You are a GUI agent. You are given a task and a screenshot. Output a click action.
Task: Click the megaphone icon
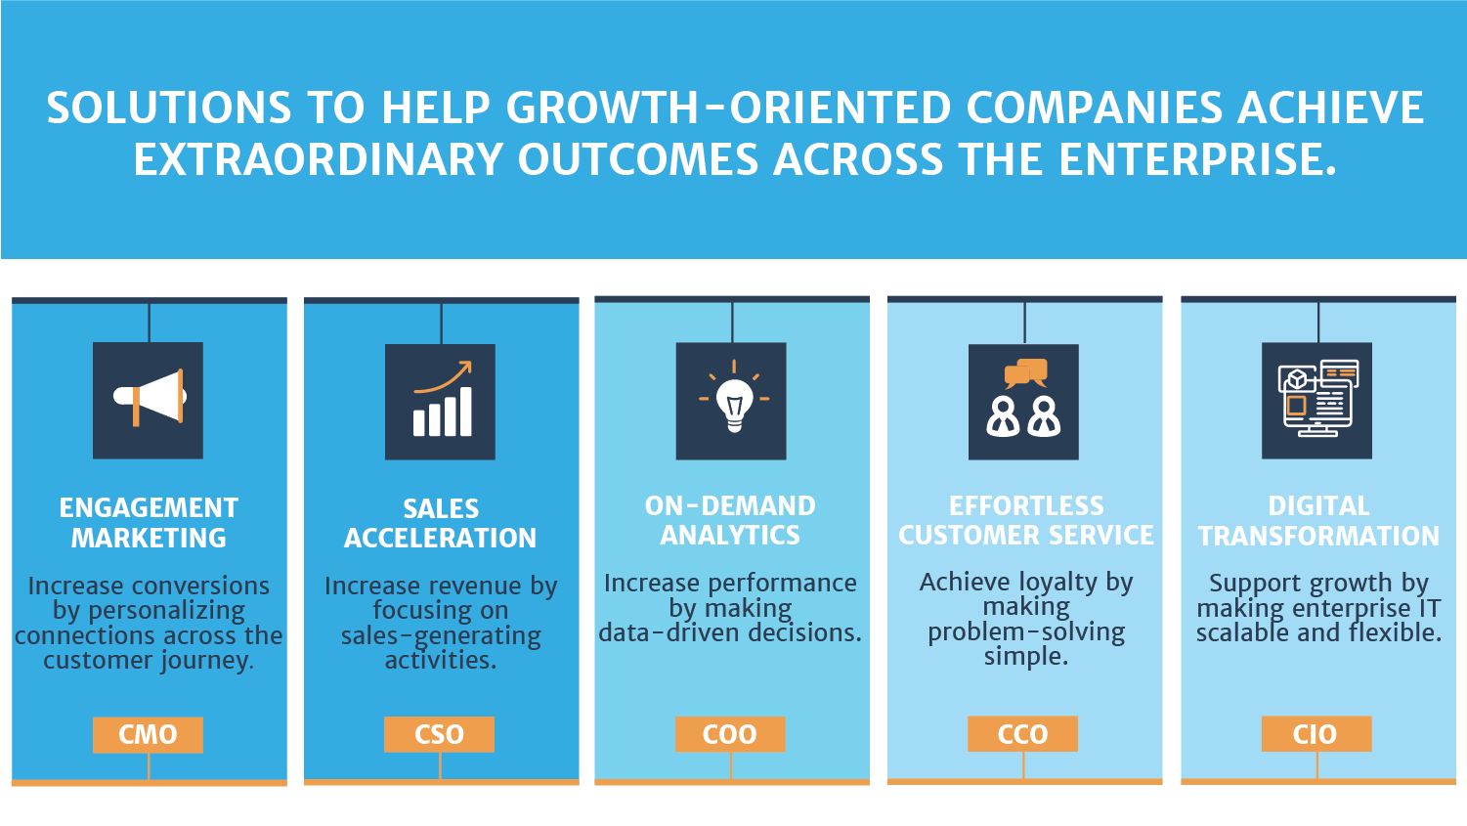pos(148,399)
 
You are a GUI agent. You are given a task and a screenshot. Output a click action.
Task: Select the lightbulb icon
pos(731,401)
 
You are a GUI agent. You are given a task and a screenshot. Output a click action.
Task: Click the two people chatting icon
pos(1023,401)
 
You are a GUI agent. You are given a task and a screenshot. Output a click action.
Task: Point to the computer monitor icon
pos(1316,400)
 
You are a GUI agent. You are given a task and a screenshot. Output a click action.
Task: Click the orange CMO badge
pos(148,734)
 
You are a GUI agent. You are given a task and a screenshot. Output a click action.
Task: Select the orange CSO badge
pos(439,734)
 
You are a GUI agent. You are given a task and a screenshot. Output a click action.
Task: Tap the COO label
pos(730,734)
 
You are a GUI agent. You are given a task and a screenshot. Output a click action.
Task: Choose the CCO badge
pos(1022,734)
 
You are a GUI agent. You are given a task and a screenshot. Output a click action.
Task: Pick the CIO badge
pos(1316,734)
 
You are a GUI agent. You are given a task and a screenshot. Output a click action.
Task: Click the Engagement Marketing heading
pos(149,523)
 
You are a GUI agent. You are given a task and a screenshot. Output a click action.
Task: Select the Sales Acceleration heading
pos(440,523)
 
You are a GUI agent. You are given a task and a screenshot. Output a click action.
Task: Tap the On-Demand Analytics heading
pos(730,520)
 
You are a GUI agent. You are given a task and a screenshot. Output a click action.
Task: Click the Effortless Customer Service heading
pos(1026,520)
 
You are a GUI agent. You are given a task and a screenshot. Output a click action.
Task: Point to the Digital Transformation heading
pos(1318,521)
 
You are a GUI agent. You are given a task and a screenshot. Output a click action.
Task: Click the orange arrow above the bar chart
pos(446,376)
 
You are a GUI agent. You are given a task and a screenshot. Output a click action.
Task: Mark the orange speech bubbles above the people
pos(1026,372)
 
